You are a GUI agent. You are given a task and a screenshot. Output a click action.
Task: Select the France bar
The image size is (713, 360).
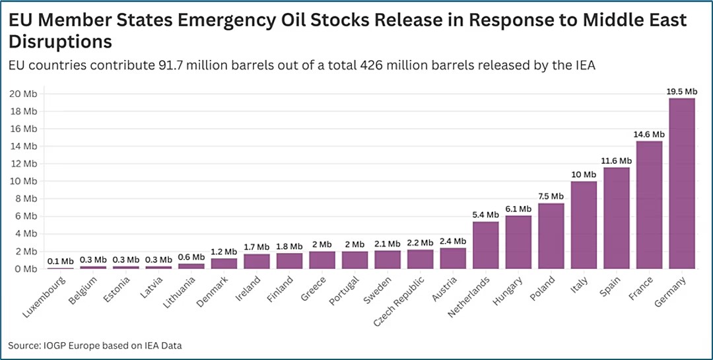pyautogui.click(x=649, y=205)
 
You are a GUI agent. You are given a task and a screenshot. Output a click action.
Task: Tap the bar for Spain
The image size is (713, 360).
pyautogui.click(x=617, y=218)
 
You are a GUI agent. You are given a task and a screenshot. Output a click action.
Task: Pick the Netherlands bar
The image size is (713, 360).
pyautogui.click(x=486, y=245)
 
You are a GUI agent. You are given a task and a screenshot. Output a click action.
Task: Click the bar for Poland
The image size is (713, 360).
pyautogui.click(x=551, y=236)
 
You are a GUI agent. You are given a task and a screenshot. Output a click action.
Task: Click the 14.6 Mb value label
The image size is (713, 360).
pyautogui.click(x=649, y=135)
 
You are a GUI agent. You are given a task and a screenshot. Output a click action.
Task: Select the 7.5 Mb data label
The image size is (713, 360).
pyautogui.click(x=551, y=196)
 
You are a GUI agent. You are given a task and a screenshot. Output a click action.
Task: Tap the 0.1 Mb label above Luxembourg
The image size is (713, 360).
pyautogui.click(x=60, y=261)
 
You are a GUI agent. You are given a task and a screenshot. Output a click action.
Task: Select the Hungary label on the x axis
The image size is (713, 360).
pyautogui.click(x=509, y=290)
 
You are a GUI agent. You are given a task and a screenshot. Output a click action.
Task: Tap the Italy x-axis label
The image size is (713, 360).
pyautogui.click(x=579, y=285)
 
